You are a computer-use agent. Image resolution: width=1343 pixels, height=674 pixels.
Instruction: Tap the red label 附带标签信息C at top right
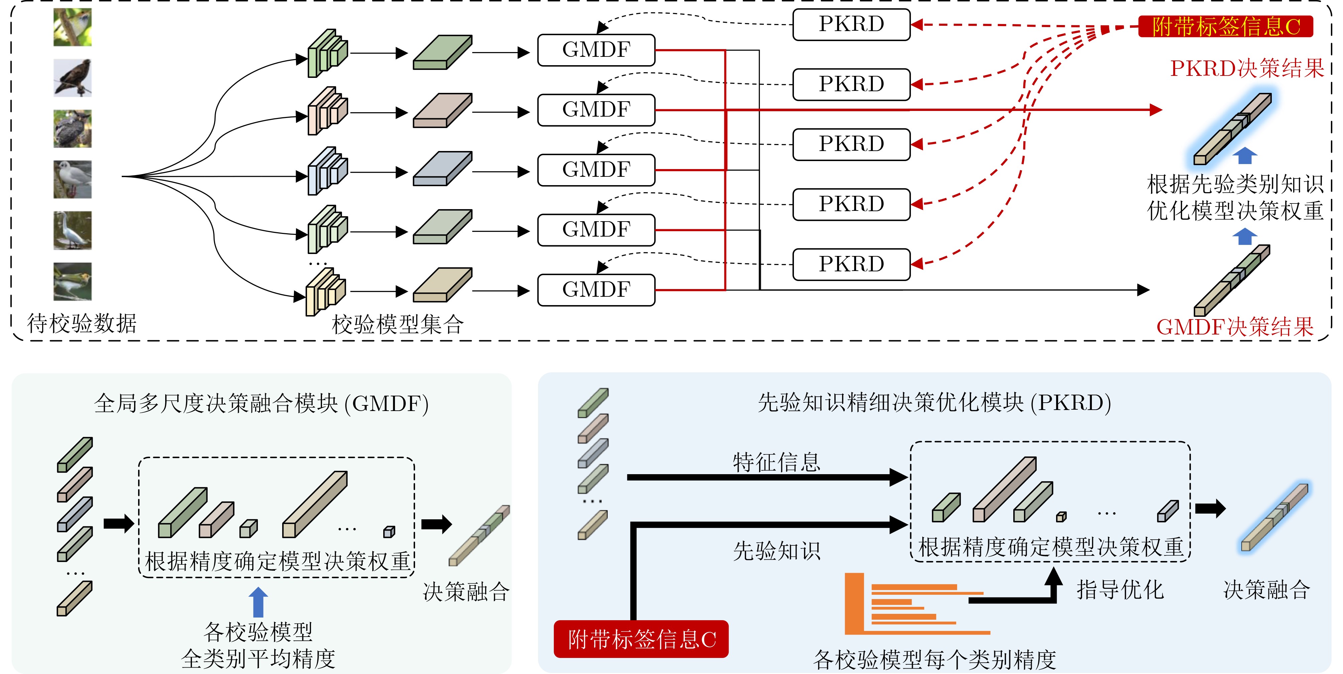[1225, 26]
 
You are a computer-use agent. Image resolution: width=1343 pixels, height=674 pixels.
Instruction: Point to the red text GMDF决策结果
[1235, 327]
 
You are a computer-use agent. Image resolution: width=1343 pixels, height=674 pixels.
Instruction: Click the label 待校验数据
[82, 323]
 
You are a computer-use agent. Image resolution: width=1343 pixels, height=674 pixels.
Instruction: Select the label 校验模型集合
[397, 324]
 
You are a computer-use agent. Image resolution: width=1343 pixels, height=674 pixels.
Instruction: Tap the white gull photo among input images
[73, 179]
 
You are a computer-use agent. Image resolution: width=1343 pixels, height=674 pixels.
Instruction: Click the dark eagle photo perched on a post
[73, 78]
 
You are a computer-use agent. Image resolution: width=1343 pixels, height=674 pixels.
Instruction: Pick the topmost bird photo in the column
[73, 27]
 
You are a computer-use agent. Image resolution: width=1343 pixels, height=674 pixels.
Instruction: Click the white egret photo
[73, 230]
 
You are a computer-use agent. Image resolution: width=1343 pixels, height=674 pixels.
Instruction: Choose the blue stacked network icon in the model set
[327, 171]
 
